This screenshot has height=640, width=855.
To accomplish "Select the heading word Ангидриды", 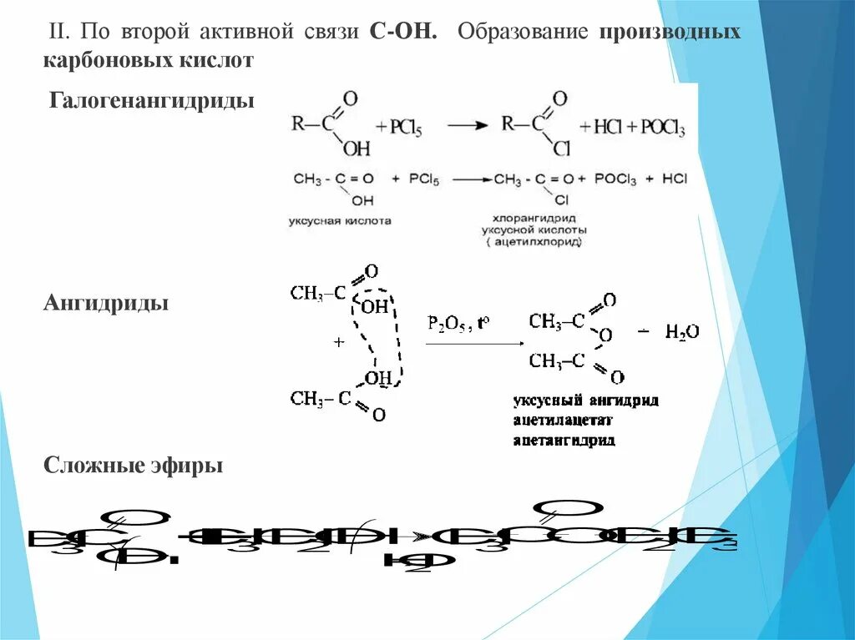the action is [x=106, y=302].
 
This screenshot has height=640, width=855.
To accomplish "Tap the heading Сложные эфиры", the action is [x=133, y=465].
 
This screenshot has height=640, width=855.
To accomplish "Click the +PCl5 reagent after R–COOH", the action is [x=407, y=129].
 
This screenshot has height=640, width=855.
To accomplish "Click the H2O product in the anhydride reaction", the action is [x=681, y=332].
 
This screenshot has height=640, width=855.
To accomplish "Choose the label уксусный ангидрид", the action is [x=586, y=401].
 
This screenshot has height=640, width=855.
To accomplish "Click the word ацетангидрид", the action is [x=564, y=440].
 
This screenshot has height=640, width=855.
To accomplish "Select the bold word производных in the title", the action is [x=670, y=32].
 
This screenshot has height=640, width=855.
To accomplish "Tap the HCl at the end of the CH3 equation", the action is [x=673, y=179].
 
